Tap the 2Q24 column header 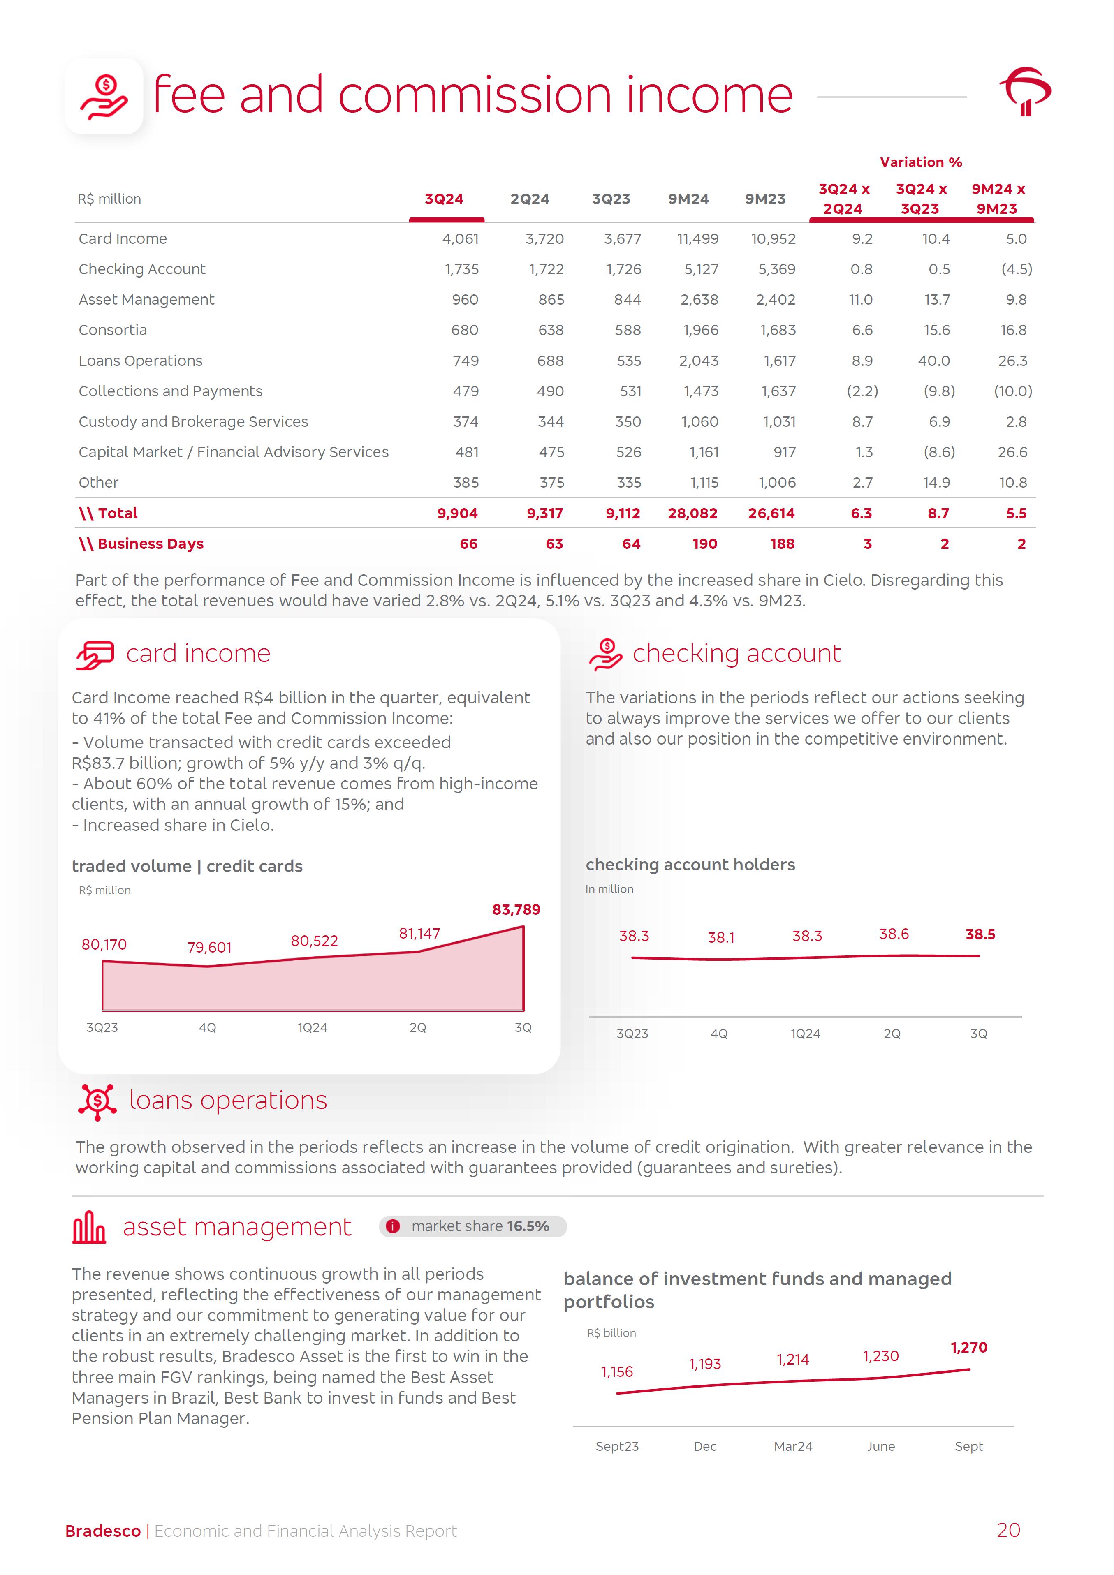[x=530, y=199]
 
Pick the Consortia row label [x=113, y=330]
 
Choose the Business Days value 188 [x=782, y=544]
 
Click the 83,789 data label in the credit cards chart [x=516, y=910]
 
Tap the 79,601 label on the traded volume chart [x=209, y=947]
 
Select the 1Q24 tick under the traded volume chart [x=312, y=1027]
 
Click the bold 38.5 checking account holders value [x=980, y=934]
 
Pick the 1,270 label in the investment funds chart [x=968, y=1347]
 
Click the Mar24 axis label [x=793, y=1446]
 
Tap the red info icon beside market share [x=392, y=1226]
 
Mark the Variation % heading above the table [x=921, y=162]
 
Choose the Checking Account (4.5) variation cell [x=1016, y=269]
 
